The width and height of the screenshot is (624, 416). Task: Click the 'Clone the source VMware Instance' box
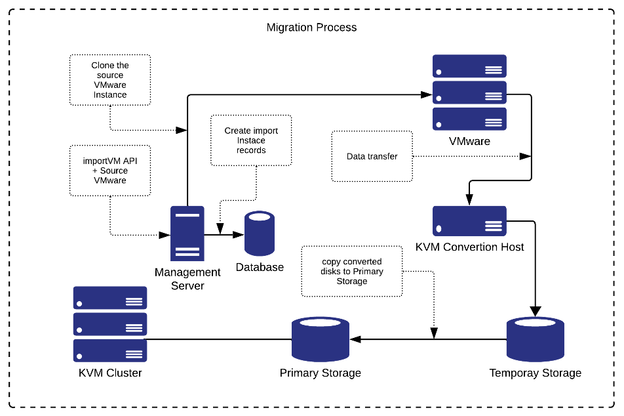click(x=110, y=80)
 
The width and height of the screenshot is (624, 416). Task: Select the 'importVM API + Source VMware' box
click(x=110, y=171)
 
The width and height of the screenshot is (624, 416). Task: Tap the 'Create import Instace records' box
click(x=251, y=140)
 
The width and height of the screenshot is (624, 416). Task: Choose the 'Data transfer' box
click(x=372, y=156)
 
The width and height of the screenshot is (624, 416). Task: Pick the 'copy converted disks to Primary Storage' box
click(x=352, y=272)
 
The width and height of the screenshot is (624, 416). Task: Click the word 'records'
click(x=251, y=150)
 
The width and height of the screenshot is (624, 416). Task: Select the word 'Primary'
click(x=368, y=272)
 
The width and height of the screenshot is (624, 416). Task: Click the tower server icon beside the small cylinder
click(x=187, y=234)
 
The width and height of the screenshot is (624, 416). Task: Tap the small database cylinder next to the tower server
click(x=260, y=234)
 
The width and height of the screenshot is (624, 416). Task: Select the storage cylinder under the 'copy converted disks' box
click(x=320, y=339)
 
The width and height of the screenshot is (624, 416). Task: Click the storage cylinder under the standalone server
click(x=535, y=339)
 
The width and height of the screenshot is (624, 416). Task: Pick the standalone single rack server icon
click(x=469, y=220)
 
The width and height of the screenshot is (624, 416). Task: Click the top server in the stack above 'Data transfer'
click(x=469, y=66)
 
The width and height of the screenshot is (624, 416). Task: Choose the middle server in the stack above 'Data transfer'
click(x=469, y=93)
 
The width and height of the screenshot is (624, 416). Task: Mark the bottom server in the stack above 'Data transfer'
click(x=469, y=119)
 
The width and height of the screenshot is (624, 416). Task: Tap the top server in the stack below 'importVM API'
click(x=110, y=298)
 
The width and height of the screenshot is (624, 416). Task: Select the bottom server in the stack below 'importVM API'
click(x=110, y=350)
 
